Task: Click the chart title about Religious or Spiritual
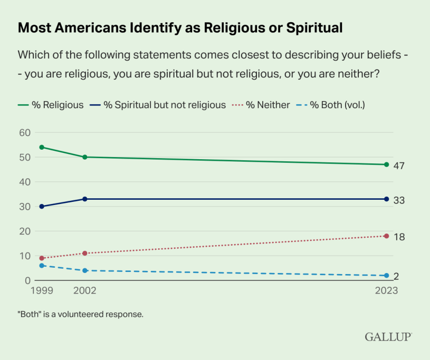[x=180, y=28]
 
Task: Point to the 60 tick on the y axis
[x=24, y=132]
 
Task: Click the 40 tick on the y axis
[x=24, y=182]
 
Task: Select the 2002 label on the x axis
[x=85, y=290]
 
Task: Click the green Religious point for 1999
[x=41, y=147]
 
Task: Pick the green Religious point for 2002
[x=85, y=157]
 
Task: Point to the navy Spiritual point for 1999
[x=41, y=206]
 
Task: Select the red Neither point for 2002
[x=85, y=253]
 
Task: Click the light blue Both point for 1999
[x=41, y=266]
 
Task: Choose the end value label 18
[x=399, y=237]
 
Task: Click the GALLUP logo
[x=388, y=336]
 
